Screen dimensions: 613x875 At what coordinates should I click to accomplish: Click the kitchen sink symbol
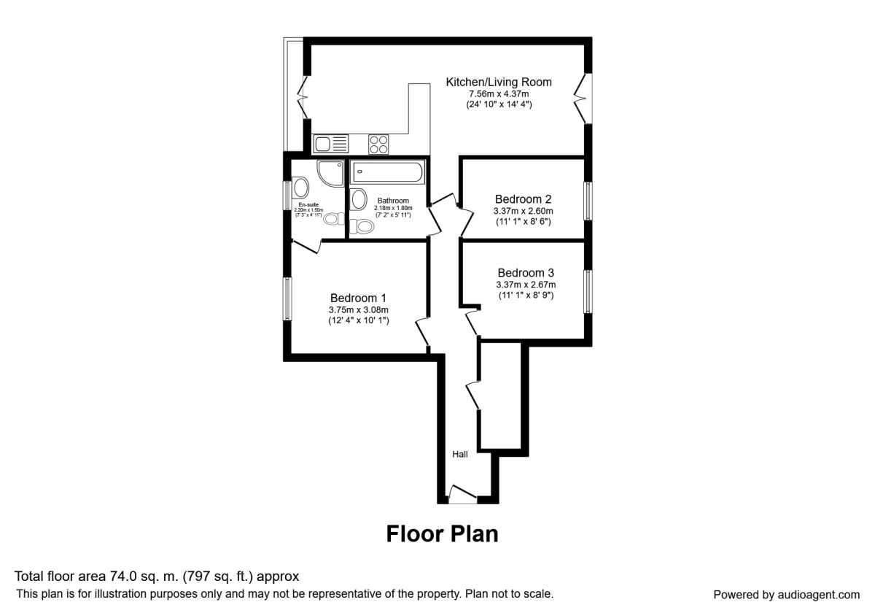[330, 144]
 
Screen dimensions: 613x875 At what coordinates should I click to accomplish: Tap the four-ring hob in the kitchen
[378, 144]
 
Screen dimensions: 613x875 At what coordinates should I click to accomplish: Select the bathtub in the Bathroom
[386, 174]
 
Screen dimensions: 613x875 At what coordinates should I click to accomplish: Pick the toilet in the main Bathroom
[363, 227]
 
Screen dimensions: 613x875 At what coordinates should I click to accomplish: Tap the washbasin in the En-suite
[300, 187]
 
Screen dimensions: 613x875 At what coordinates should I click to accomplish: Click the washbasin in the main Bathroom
[358, 198]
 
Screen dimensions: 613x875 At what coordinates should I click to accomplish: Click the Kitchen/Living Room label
[499, 82]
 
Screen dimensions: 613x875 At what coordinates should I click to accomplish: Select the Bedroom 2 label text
[523, 199]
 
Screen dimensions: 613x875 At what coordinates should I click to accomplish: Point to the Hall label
[460, 454]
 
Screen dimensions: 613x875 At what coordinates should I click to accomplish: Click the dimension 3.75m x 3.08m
[358, 309]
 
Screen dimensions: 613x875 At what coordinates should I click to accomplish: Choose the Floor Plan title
[442, 533]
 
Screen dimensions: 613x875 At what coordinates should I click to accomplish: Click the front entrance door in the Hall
[461, 496]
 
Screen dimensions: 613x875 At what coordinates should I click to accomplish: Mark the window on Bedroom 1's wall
[288, 298]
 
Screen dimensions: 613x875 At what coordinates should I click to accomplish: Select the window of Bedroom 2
[588, 201]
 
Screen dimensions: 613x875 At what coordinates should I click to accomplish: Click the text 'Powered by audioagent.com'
[786, 594]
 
